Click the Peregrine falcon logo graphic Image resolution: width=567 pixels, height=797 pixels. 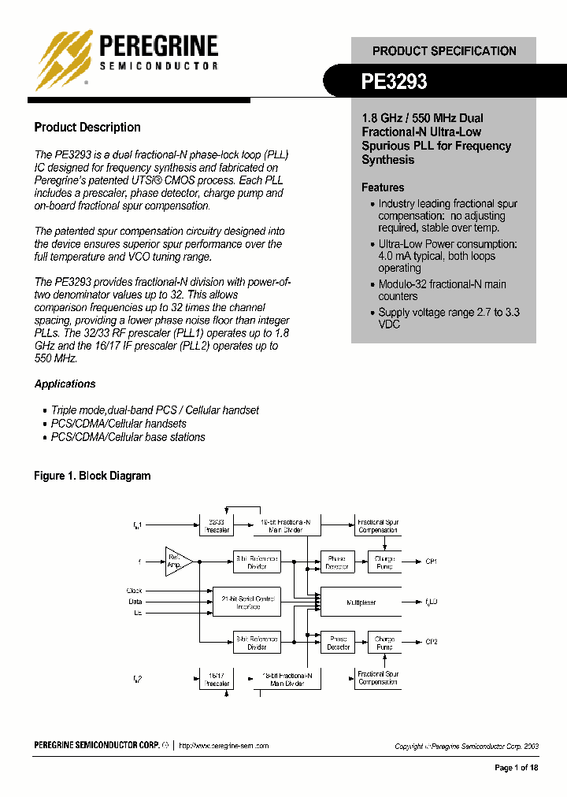[x=65, y=59]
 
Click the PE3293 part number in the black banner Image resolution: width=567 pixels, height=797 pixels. [x=395, y=81]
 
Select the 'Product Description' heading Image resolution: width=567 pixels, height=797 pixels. [x=87, y=128]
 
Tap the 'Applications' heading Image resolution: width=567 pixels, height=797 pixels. [x=65, y=384]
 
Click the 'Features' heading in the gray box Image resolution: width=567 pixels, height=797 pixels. [x=383, y=187]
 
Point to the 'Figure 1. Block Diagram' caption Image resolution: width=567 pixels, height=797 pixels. [x=92, y=476]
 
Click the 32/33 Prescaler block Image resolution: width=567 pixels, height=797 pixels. [x=217, y=526]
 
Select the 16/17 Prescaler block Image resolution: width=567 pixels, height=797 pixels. [x=217, y=679]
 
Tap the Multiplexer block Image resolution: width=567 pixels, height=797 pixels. [x=361, y=602]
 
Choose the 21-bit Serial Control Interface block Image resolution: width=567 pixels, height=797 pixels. [x=247, y=602]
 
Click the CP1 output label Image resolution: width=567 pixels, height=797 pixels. [x=431, y=562]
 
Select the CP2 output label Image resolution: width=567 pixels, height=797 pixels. [x=431, y=643]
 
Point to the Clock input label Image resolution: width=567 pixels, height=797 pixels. [x=135, y=590]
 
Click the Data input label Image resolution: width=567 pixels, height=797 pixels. [x=136, y=600]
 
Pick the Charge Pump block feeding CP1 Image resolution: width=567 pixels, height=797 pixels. [x=384, y=562]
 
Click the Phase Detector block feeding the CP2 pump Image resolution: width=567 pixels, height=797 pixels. [x=338, y=643]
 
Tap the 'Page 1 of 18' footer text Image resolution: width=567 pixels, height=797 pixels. [x=516, y=768]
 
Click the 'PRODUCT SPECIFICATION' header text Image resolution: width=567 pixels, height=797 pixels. [x=444, y=51]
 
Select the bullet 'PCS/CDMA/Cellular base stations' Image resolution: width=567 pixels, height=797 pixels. [x=128, y=437]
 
